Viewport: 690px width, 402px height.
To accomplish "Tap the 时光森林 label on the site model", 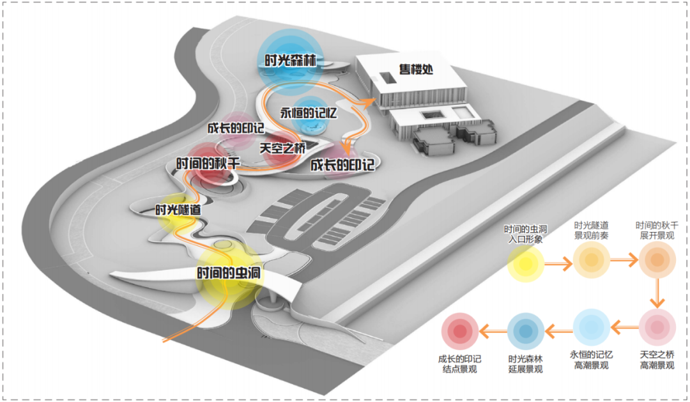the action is click(291, 62).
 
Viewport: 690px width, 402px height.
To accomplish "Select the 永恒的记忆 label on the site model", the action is click(309, 112).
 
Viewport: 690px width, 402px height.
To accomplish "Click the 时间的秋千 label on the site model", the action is click(208, 163).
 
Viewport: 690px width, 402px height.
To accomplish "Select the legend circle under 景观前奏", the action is click(592, 260).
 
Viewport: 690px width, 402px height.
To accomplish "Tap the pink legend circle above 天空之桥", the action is click(657, 327).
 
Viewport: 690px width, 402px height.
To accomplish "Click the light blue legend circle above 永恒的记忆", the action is click(591, 327).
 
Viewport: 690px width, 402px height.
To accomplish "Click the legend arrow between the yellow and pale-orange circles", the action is click(558, 262).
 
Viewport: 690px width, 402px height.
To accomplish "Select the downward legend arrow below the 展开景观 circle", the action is click(657, 294).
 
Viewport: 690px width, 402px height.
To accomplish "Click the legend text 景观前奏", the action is click(590, 235).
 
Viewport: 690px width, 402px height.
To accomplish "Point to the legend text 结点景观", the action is click(459, 369).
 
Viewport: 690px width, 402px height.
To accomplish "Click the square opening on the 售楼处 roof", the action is click(388, 78).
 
